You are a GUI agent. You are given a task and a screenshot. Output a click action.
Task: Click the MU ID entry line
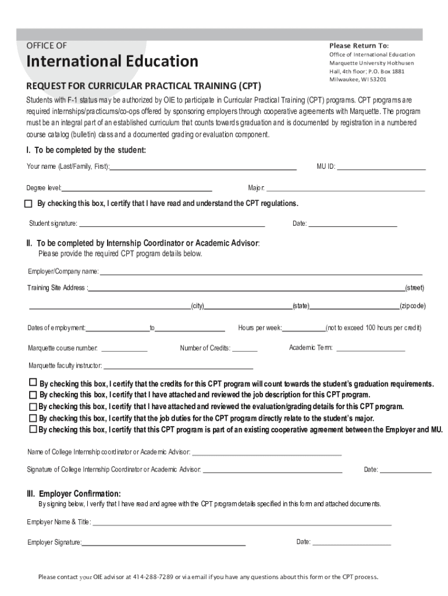381,168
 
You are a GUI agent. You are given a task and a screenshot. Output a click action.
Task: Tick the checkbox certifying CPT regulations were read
29,204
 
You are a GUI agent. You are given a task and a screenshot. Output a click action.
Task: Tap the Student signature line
172,225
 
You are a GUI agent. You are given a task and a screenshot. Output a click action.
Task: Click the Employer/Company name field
261,272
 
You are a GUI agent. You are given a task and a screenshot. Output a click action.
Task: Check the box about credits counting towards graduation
33,383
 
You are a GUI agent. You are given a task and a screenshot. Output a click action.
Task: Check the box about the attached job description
33,395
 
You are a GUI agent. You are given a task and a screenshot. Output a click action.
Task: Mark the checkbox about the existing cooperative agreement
33,430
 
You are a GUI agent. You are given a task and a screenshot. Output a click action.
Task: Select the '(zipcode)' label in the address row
413,306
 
